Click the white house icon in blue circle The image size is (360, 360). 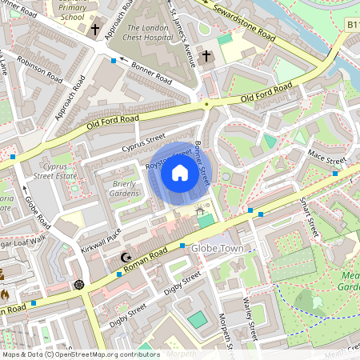click(180, 173)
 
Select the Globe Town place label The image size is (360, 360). click(217, 250)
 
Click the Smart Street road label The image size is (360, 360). click(309, 218)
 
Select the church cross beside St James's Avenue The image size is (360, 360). click(206, 56)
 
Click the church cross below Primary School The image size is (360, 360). click(94, 30)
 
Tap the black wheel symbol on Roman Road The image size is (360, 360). click(78, 284)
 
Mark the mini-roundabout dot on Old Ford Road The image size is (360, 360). click(206, 104)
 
